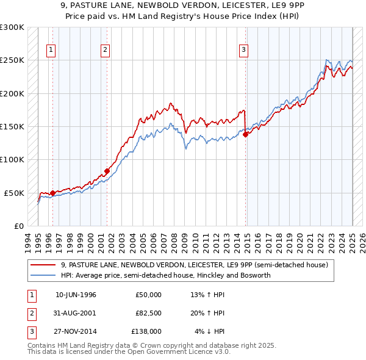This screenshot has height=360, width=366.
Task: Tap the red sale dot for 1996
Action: [x=52, y=193]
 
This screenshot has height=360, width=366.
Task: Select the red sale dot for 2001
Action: [x=107, y=171]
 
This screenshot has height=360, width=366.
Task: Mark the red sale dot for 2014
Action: [x=245, y=134]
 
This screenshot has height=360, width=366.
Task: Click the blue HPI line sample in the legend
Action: [x=43, y=275]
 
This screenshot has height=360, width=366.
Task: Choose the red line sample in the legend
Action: [x=43, y=265]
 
